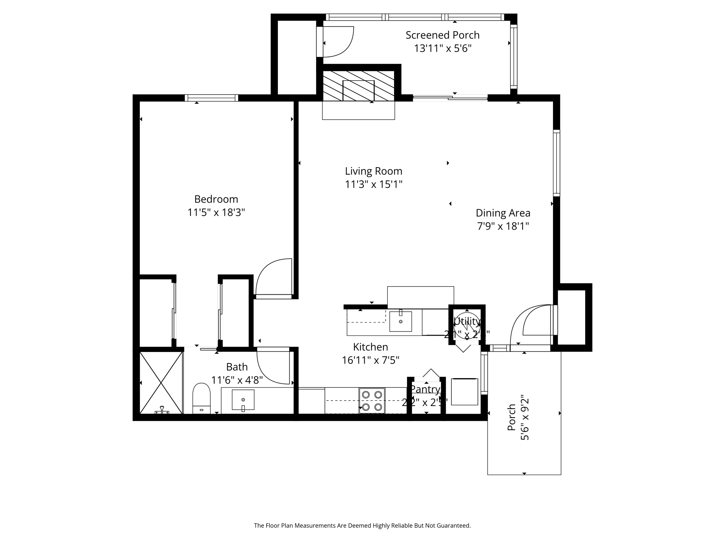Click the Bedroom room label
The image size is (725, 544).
point(216,199)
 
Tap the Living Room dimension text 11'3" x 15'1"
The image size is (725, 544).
point(373,185)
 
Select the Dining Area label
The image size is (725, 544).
point(503,213)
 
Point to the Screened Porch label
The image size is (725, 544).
point(443,35)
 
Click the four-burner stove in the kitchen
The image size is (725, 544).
point(372,401)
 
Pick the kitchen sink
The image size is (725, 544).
point(400,321)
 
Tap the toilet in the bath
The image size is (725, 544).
point(201,398)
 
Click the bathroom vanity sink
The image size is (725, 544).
point(243,400)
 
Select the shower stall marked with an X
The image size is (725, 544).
point(161,382)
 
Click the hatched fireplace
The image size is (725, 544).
point(358,86)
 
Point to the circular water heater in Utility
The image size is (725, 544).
point(467,325)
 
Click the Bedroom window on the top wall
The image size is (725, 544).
point(211,98)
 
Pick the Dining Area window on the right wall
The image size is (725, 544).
point(556,163)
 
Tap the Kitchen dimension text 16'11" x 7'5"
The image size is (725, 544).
point(370,360)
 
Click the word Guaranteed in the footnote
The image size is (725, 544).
point(453,526)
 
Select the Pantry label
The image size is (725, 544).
point(425,389)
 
